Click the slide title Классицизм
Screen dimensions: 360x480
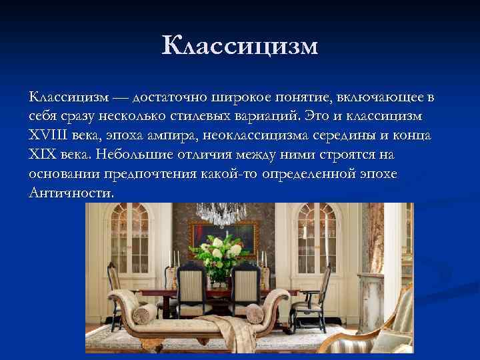point(240,47)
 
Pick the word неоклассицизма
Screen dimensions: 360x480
point(279,136)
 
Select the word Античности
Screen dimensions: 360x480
point(71,193)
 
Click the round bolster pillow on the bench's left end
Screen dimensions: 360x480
point(144,313)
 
